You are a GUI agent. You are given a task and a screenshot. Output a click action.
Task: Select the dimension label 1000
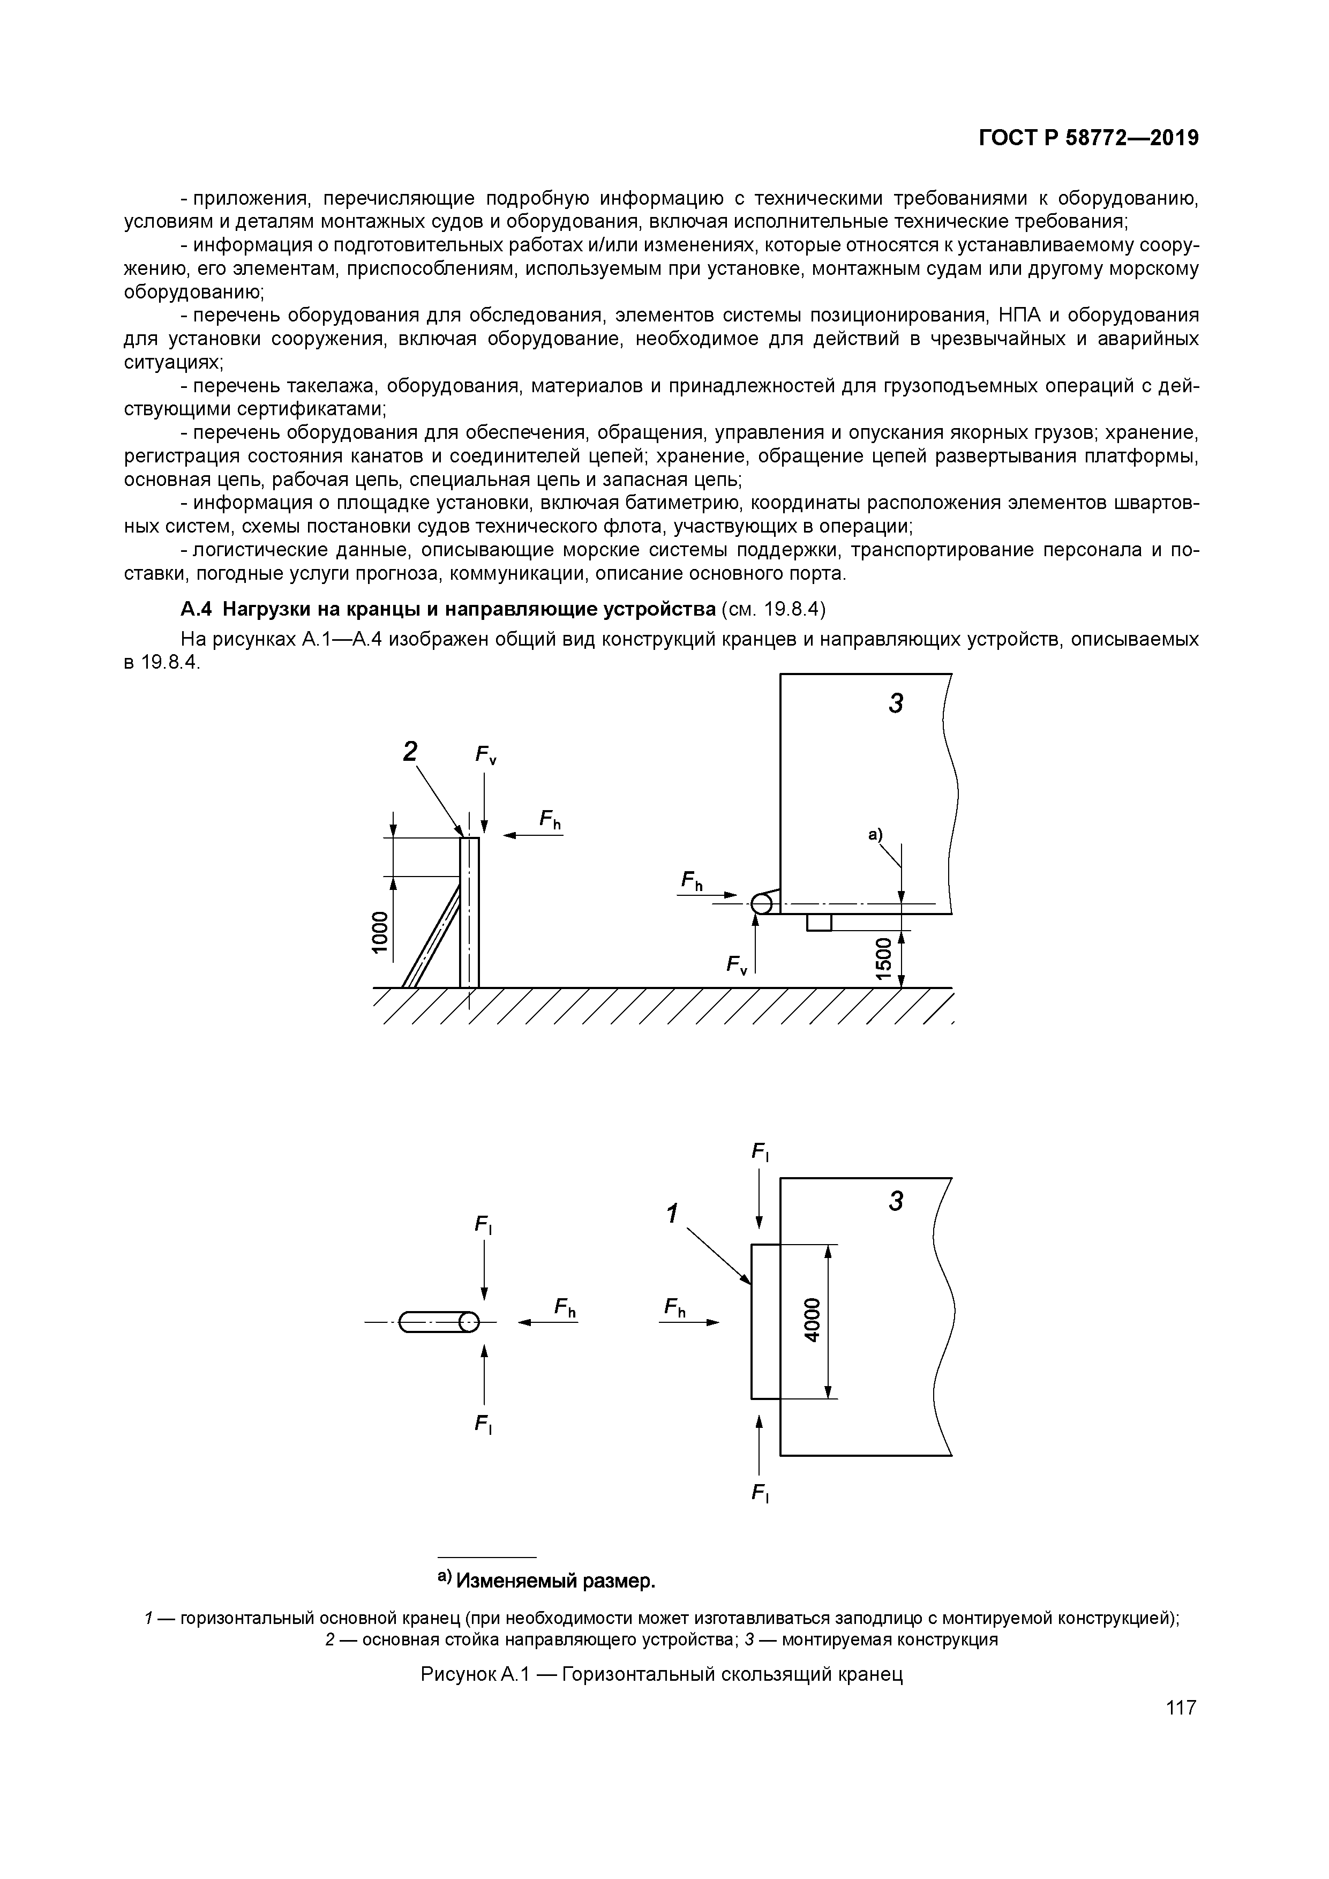[378, 931]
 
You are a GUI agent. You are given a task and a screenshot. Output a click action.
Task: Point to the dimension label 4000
[811, 1320]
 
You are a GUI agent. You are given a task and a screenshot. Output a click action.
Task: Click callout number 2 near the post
[410, 751]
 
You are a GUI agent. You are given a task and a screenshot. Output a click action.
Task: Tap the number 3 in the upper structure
[896, 703]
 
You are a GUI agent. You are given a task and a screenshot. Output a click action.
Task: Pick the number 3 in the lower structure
[896, 1201]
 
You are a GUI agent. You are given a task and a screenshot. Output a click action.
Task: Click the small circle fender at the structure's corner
[761, 903]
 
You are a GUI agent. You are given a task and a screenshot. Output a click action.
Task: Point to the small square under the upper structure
[819, 922]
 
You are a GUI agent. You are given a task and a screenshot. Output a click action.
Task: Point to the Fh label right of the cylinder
[565, 1307]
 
